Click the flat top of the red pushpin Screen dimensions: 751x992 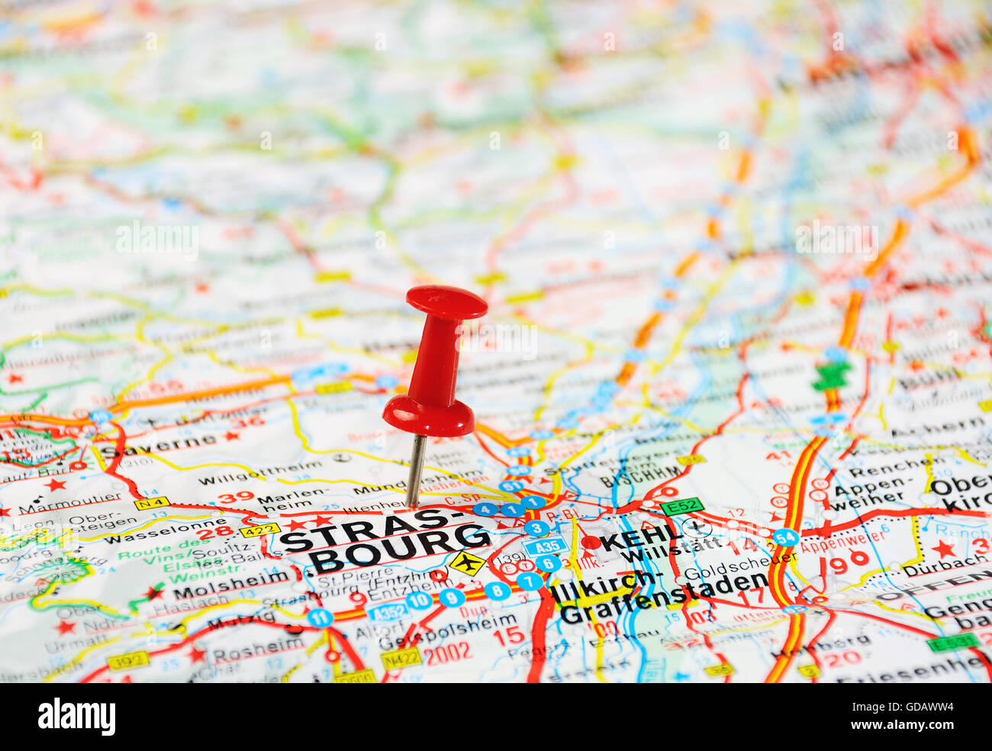(446, 301)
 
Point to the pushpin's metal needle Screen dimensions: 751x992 (416, 470)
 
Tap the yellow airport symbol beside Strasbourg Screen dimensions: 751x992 (467, 563)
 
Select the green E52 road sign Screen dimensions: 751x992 (681, 506)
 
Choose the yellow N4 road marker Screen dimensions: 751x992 (151, 504)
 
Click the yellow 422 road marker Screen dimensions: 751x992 (259, 530)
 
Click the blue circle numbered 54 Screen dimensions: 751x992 (785, 537)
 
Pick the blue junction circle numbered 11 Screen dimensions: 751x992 (320, 617)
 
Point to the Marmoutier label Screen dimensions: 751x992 (70, 504)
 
